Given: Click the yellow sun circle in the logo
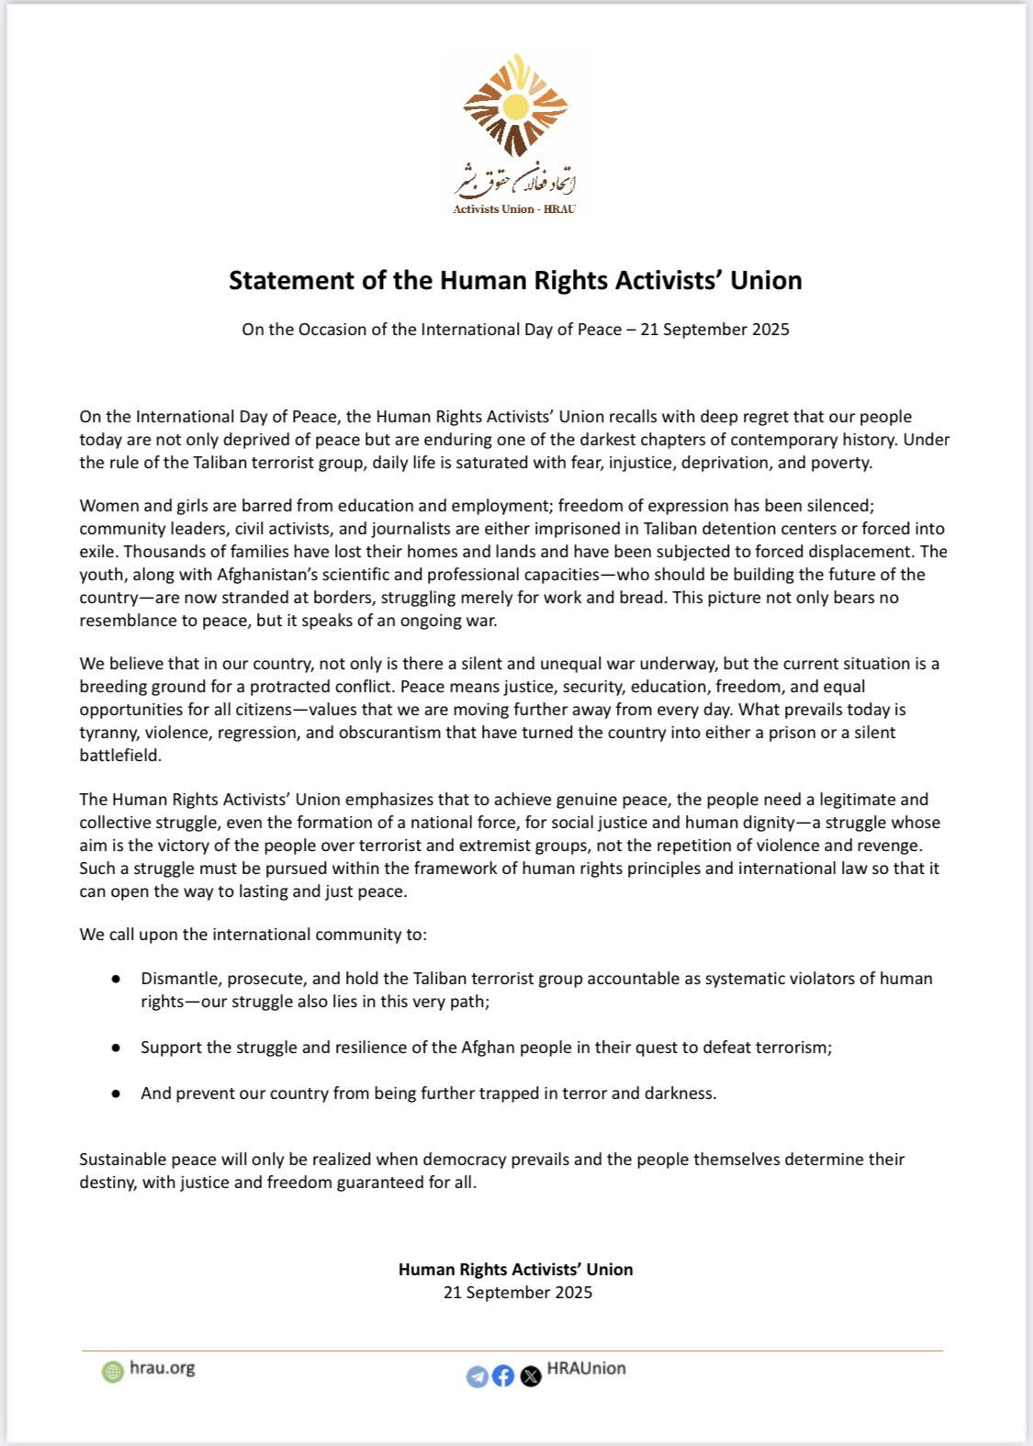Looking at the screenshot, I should tap(516, 107).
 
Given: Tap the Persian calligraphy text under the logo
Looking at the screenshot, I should tap(515, 179).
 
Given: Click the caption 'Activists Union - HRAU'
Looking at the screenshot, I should tap(514, 209).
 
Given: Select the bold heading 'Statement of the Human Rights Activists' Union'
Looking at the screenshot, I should tap(515, 280).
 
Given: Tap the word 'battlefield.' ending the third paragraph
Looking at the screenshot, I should tap(120, 756).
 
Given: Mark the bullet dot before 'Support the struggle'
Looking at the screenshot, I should tap(116, 1048).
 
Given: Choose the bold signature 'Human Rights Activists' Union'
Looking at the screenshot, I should tap(515, 1270).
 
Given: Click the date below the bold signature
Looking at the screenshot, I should tap(518, 1293).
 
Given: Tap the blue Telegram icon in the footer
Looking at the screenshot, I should tap(477, 1376).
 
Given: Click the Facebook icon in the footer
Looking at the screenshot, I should tap(503, 1376).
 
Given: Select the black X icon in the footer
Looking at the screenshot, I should tap(531, 1376).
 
